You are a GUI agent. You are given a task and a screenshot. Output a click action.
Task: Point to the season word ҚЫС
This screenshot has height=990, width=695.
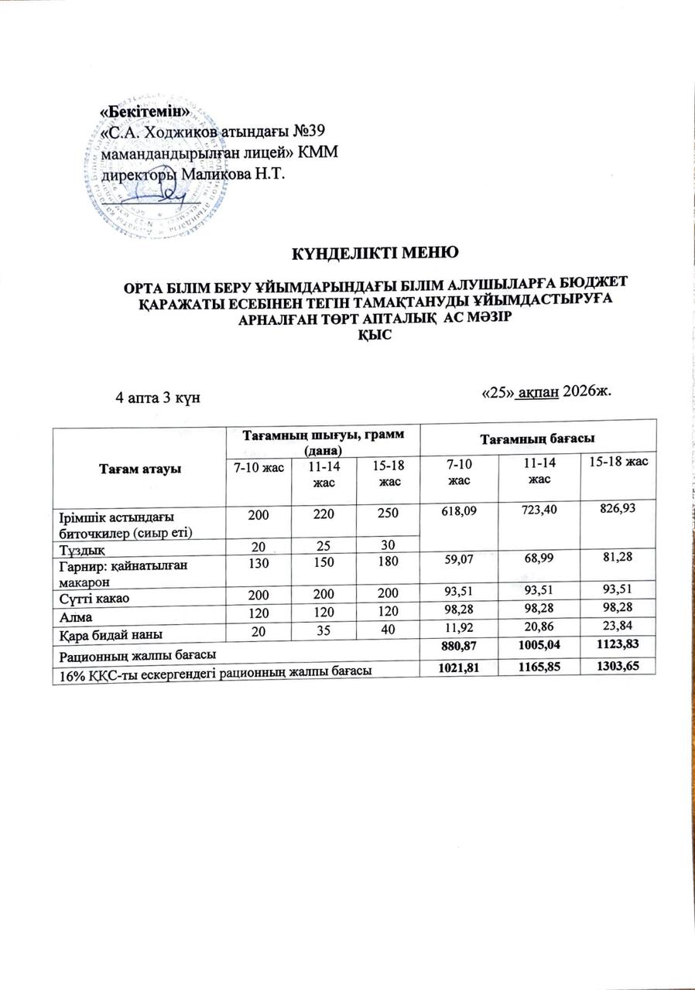pos(375,334)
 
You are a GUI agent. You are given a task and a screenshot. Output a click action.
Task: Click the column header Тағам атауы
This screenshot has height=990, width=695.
pos(138,472)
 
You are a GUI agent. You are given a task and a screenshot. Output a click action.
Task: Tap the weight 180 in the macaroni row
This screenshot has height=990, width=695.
pos(379,565)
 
